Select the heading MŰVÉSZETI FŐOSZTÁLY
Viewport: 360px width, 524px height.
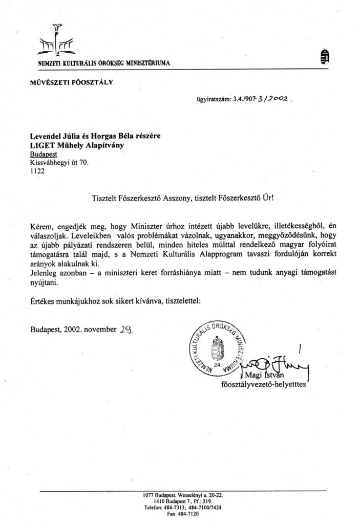pyautogui.click(x=71, y=81)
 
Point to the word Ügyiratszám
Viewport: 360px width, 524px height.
pyautogui.click(x=214, y=101)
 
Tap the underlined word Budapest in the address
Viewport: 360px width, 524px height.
pyautogui.click(x=44, y=154)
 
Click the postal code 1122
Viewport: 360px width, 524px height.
pyautogui.click(x=37, y=172)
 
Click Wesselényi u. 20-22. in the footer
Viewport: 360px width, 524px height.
pyautogui.click(x=199, y=495)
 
